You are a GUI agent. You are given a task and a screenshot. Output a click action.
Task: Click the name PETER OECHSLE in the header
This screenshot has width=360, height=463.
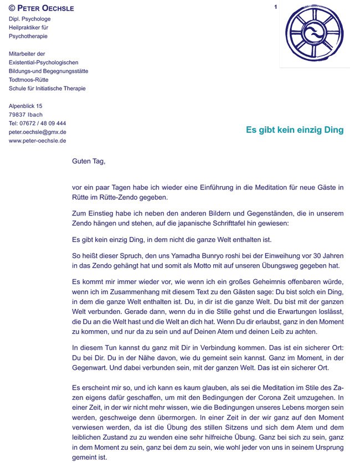point(45,8)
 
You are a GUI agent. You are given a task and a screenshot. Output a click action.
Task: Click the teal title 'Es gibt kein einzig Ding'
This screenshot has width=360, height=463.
point(295,130)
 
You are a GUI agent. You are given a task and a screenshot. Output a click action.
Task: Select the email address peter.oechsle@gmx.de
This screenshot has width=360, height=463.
point(37,132)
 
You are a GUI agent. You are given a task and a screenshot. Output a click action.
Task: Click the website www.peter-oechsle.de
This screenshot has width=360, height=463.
point(38,141)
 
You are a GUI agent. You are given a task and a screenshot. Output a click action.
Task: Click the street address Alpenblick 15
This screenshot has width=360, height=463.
point(25,106)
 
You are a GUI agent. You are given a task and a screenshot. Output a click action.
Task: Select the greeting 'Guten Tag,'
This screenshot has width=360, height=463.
point(89,162)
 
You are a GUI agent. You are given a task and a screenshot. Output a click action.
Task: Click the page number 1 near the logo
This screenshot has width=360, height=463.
point(275,7)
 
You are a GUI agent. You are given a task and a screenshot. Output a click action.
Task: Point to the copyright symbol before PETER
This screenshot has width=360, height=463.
point(12,8)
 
